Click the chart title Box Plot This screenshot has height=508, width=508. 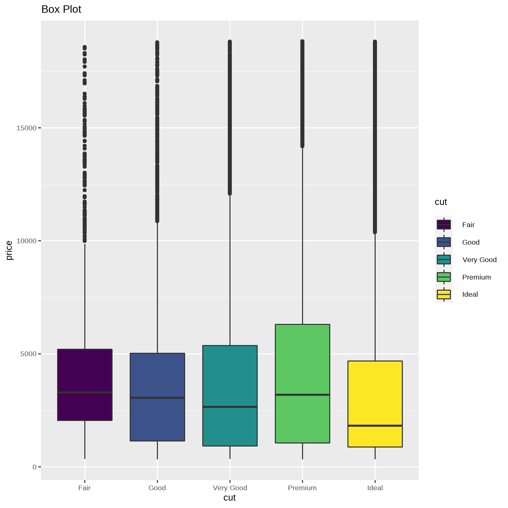tap(61, 9)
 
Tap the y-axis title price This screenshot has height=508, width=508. tap(9, 250)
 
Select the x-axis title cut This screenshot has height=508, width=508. tap(229, 498)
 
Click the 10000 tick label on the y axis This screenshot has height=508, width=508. tap(26, 241)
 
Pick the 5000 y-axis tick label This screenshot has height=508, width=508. tap(28, 354)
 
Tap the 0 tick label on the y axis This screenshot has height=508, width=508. tap(34, 467)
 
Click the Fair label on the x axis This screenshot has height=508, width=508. tap(84, 488)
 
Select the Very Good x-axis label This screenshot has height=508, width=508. tap(230, 488)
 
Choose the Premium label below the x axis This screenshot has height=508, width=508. tap(302, 488)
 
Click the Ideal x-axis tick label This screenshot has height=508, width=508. tap(375, 488)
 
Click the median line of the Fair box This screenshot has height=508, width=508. tap(85, 392)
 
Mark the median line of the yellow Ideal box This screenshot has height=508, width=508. tap(375, 426)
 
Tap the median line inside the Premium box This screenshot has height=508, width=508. tap(302, 394)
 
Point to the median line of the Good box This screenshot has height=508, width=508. tap(157, 397)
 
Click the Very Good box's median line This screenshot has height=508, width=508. tap(230, 407)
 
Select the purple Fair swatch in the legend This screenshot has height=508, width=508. tap(444, 225)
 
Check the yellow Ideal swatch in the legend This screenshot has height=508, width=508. tap(444, 294)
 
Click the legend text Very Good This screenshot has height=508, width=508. tap(479, 260)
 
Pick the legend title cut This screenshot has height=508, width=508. tap(441, 202)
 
